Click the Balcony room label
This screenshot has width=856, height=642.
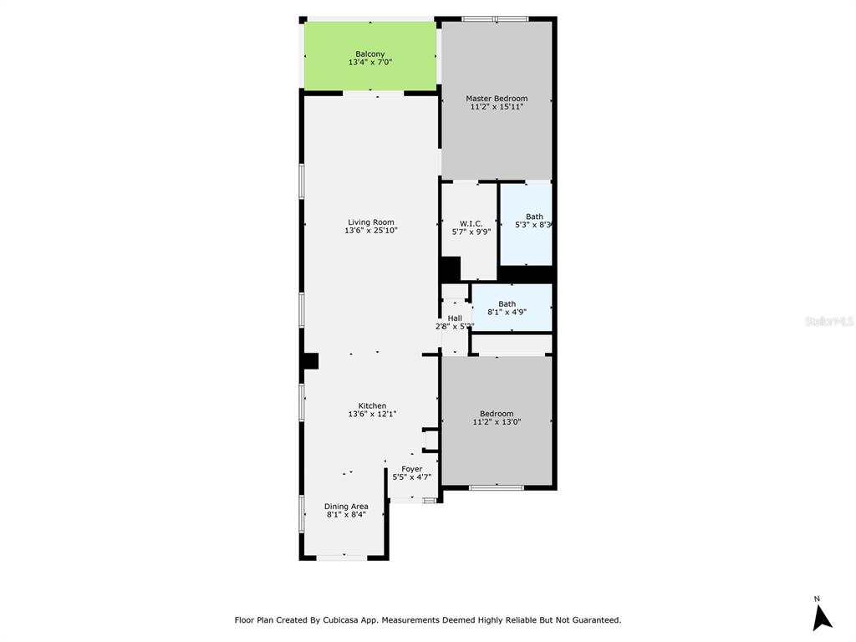pos(370,53)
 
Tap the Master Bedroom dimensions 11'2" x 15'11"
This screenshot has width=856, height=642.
pos(497,107)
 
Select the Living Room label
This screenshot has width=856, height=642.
pos(371,222)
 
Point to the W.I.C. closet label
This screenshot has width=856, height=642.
pos(471,223)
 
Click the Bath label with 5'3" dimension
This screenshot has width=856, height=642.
pos(533,217)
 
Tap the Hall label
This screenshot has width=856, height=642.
pos(455,318)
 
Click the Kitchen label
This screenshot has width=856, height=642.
pos(372,405)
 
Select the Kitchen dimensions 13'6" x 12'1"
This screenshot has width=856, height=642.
pos(372,414)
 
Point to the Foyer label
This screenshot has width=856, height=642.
pos(411,469)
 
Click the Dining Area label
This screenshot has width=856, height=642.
pos(346,506)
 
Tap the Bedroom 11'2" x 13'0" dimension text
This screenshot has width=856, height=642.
pos(497,422)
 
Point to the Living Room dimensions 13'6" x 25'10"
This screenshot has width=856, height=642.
pos(371,231)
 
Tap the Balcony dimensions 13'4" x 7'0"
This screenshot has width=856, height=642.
pos(370,63)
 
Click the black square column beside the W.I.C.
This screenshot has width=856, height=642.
pos(450,269)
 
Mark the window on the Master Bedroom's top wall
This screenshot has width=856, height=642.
pos(495,18)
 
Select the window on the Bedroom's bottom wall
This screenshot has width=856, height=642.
pos(497,487)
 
